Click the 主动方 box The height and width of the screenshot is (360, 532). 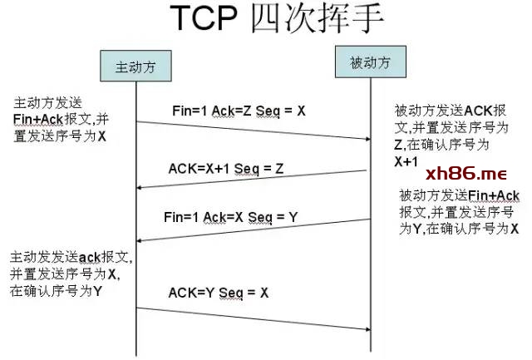(135, 66)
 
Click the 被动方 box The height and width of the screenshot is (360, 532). (371, 62)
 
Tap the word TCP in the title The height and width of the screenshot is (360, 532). (203, 18)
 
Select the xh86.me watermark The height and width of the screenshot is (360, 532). (466, 174)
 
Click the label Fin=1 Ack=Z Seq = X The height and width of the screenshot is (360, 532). (239, 111)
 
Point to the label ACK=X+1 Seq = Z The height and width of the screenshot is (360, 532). (226, 169)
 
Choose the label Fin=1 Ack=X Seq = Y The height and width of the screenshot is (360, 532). (231, 217)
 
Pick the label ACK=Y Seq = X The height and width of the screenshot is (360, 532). (219, 293)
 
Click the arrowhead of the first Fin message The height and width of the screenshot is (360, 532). (367, 139)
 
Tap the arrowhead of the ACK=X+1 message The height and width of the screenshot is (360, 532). (139, 188)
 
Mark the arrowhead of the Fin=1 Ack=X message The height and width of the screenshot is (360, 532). (139, 240)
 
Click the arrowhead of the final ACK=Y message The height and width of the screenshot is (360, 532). (367, 329)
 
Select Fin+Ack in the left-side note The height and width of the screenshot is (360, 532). (38, 120)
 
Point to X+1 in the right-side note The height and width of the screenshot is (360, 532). (406, 161)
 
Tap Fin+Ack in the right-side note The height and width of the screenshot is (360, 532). (494, 195)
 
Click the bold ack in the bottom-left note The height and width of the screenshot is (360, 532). (90, 258)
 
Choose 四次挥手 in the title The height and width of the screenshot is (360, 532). (318, 18)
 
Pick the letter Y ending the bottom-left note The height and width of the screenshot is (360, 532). (97, 291)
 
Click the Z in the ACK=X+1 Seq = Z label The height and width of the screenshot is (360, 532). (279, 169)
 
